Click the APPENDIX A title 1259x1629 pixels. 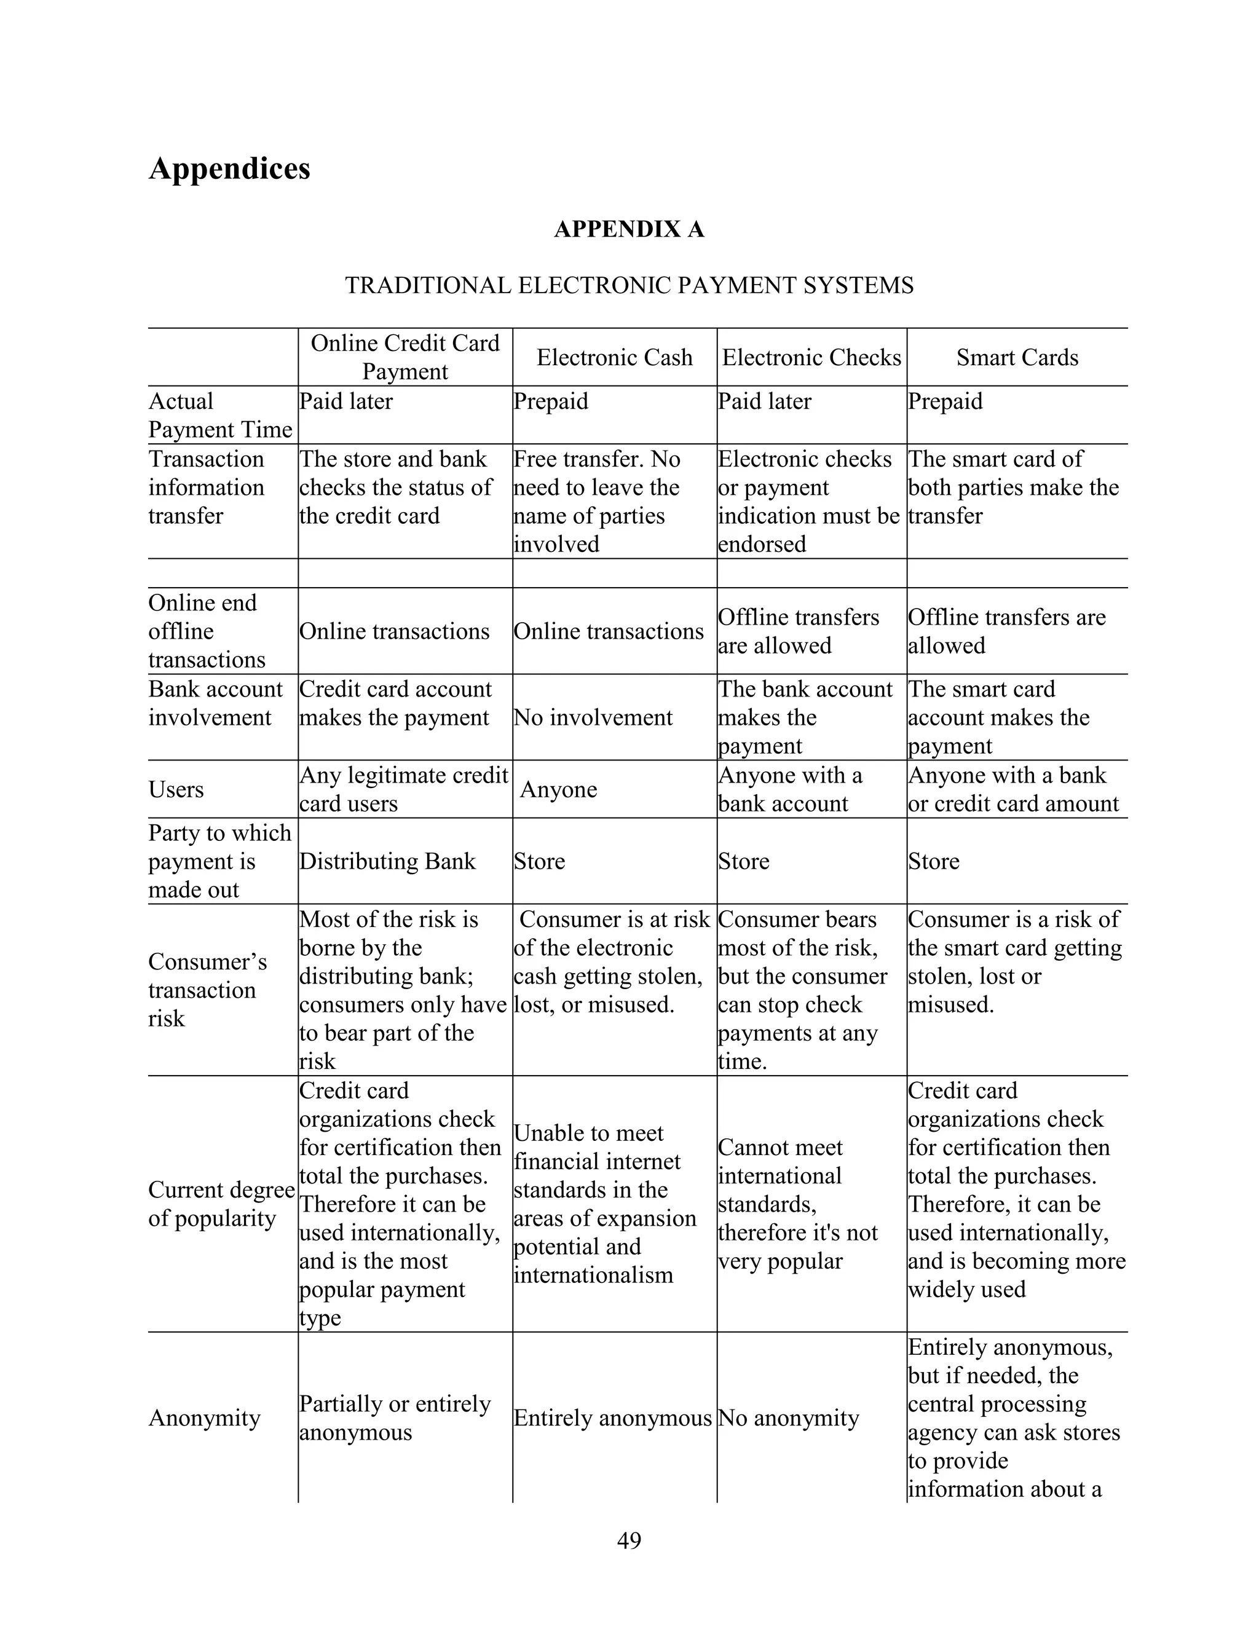point(629,229)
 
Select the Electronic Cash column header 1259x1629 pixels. point(614,357)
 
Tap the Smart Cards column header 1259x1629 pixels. point(1017,357)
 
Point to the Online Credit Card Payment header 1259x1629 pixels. point(405,357)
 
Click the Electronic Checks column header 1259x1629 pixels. point(811,357)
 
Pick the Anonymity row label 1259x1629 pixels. point(204,1417)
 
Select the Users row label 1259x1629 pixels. point(176,789)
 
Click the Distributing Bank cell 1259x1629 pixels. point(387,861)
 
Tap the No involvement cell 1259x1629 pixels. point(593,717)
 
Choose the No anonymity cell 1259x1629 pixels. point(787,1417)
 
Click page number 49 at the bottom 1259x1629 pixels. point(629,1540)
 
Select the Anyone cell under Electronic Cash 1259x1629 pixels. point(558,789)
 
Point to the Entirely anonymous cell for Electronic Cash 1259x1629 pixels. point(612,1417)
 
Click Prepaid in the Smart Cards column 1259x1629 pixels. point(945,401)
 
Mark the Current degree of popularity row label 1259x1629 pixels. point(221,1204)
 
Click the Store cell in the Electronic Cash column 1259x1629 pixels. point(539,861)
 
